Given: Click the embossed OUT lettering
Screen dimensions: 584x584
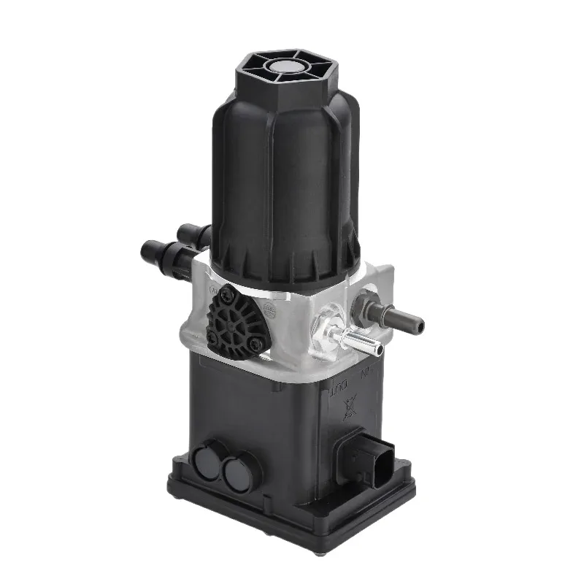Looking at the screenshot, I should coord(338,384).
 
